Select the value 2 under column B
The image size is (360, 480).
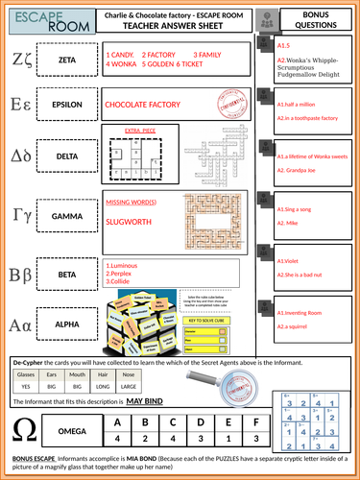143,437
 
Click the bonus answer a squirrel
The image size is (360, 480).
296,327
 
